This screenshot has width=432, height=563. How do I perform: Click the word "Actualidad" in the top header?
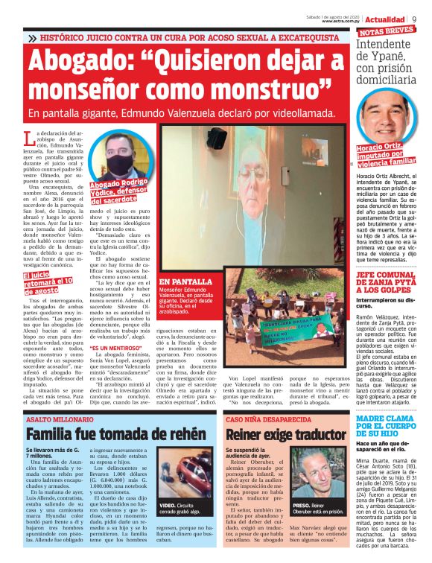385,18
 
